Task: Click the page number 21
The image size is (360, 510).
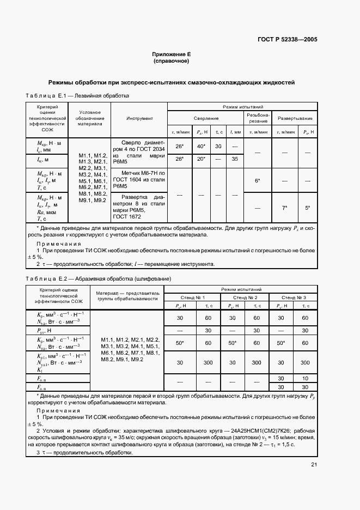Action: click(x=314, y=464)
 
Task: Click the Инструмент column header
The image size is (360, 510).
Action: click(x=139, y=118)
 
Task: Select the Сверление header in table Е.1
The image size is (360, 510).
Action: click(x=206, y=118)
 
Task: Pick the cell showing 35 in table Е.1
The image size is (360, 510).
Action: click(x=235, y=159)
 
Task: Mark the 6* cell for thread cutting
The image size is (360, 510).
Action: click(x=258, y=180)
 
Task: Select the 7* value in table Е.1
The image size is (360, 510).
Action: click(x=284, y=208)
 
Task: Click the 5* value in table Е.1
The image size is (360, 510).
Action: click(x=307, y=208)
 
